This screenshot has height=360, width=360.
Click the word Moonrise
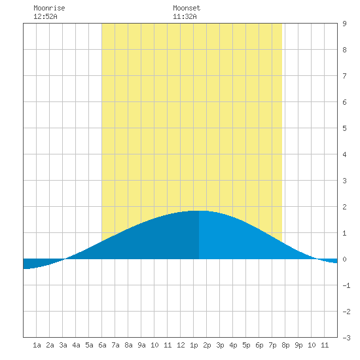click(x=49, y=8)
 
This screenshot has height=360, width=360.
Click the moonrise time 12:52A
click(x=45, y=16)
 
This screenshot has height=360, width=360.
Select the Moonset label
click(x=187, y=8)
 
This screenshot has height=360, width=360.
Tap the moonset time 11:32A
click(x=185, y=16)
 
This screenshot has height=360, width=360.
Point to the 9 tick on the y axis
click(x=344, y=24)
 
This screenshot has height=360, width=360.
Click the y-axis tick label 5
click(x=344, y=128)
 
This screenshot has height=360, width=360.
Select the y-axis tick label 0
click(x=344, y=259)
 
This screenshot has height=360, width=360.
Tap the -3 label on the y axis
click(x=346, y=338)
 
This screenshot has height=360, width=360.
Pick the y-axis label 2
click(x=344, y=207)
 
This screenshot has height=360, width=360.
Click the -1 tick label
click(x=346, y=285)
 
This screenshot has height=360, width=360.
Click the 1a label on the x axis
click(x=37, y=345)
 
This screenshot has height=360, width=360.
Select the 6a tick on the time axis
click(x=102, y=345)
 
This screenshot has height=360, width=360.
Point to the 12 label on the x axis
click(x=181, y=345)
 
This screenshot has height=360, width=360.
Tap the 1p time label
click(x=194, y=345)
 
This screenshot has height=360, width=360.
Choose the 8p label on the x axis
click(x=285, y=345)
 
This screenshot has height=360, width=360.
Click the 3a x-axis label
click(x=63, y=345)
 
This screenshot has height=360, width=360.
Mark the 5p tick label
click(x=246, y=345)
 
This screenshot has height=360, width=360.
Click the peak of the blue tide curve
click(x=199, y=211)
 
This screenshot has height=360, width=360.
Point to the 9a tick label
click(x=141, y=345)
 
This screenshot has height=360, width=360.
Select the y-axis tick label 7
click(x=344, y=76)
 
